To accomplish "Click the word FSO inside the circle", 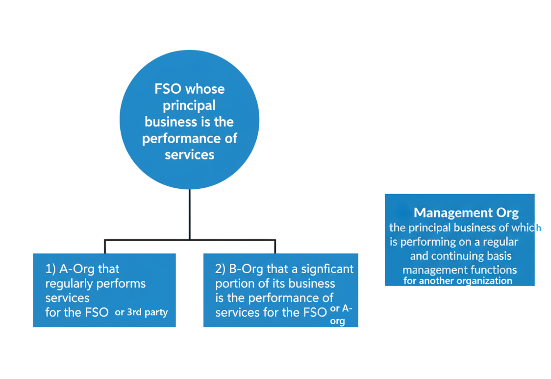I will click(x=168, y=89).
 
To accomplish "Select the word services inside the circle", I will click(x=189, y=154).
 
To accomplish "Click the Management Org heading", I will click(x=466, y=213).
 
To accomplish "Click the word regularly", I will click(x=69, y=283).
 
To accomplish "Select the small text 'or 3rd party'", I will click(x=141, y=312).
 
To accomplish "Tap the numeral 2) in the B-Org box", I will click(x=221, y=269).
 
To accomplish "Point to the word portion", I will click(x=231, y=283).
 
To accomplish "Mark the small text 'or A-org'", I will click(x=341, y=315).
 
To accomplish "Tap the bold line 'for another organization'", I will click(x=457, y=281).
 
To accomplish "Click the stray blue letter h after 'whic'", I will click(x=538, y=228).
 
